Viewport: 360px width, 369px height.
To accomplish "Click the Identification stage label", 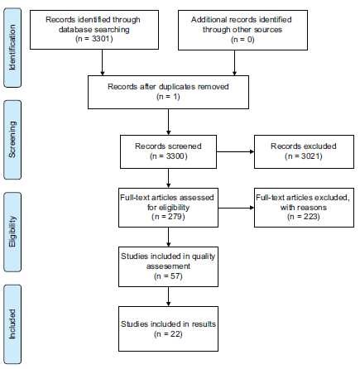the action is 12,47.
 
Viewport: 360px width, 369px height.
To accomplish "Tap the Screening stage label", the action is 12,140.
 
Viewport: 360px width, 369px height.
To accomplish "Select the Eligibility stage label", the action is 12,232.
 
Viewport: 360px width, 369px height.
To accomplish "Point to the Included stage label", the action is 12,323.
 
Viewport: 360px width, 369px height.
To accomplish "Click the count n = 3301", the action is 94,39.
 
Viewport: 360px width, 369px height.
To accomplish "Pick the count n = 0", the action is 242,40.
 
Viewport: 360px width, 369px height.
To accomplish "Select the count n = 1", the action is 168,97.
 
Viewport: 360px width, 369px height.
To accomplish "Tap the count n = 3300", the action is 168,156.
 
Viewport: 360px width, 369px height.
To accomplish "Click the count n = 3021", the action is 304,156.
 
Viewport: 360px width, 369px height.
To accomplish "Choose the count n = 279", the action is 168,217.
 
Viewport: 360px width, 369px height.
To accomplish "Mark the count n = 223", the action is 304,217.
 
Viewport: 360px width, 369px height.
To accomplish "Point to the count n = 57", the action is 168,276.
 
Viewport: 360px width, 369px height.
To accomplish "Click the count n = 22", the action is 168,334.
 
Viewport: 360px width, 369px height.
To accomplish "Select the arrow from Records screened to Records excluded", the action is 235,151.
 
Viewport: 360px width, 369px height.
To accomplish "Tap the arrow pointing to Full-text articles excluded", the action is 236,208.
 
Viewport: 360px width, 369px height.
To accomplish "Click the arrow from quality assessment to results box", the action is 168,296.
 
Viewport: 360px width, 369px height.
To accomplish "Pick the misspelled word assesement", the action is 168,266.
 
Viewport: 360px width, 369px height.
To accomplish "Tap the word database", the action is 74,30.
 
